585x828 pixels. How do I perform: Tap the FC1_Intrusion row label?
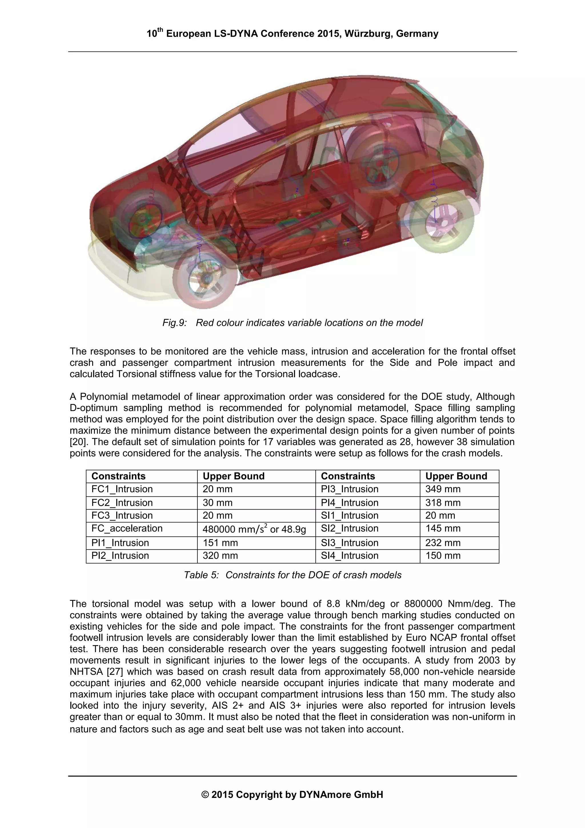122,489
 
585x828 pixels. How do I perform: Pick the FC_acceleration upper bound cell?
254,529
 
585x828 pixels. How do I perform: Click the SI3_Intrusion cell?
349,542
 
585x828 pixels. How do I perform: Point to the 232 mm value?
443,542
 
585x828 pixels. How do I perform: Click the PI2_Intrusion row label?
120,555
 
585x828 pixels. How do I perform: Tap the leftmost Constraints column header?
118,476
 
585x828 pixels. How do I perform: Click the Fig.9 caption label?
175,323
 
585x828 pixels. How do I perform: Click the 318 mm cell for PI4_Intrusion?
443,502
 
